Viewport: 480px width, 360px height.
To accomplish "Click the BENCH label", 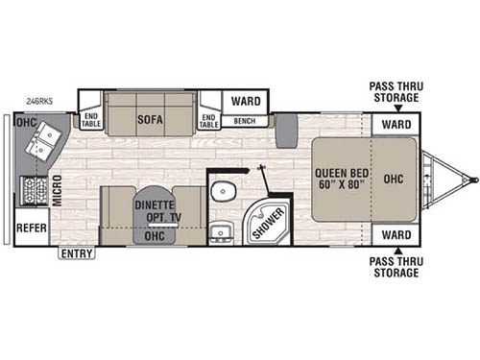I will click(x=244, y=122).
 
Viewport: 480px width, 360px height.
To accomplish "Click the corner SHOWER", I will click(x=269, y=220).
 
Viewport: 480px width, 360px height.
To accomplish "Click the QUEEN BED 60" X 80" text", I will click(x=338, y=180).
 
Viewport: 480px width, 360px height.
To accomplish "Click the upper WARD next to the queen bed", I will click(x=396, y=125).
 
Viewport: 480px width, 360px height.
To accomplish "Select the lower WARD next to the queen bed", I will click(x=396, y=234).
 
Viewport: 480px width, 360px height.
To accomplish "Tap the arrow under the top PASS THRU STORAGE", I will click(x=394, y=107).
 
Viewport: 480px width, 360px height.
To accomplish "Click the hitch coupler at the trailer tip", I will click(x=470, y=179).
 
